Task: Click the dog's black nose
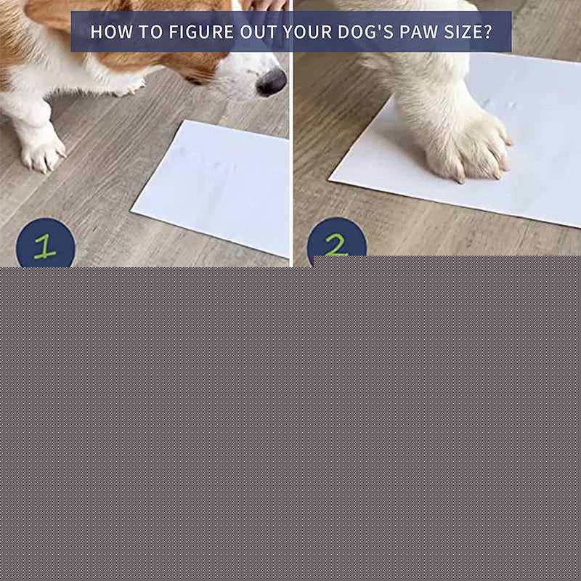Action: (272, 82)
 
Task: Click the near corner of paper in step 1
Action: (131, 211)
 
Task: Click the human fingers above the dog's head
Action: (264, 5)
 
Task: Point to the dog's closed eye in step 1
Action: (195, 80)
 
